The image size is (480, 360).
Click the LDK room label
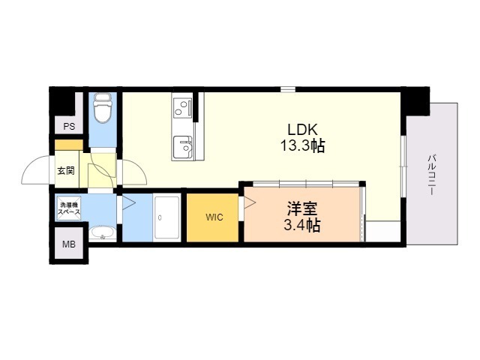tap(302, 130)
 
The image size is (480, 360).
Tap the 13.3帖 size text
tap(302, 145)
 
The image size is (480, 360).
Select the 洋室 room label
tap(301, 209)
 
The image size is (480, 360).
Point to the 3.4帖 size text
tap(301, 226)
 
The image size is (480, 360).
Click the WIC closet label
tap(214, 217)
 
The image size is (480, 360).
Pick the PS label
tap(69, 126)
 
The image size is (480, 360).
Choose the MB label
tap(69, 244)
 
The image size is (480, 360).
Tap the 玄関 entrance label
tap(66, 171)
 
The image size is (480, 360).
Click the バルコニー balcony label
tap(432, 175)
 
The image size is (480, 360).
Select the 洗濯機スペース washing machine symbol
tap(69, 208)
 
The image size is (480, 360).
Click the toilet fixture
tap(103, 108)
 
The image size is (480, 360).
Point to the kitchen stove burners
tap(182, 107)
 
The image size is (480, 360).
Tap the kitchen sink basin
tap(183, 148)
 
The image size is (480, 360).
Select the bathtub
tap(166, 217)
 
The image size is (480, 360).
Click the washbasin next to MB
tap(103, 232)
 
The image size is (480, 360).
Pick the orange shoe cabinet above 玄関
tap(69, 145)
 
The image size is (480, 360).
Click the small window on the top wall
tap(288, 89)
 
